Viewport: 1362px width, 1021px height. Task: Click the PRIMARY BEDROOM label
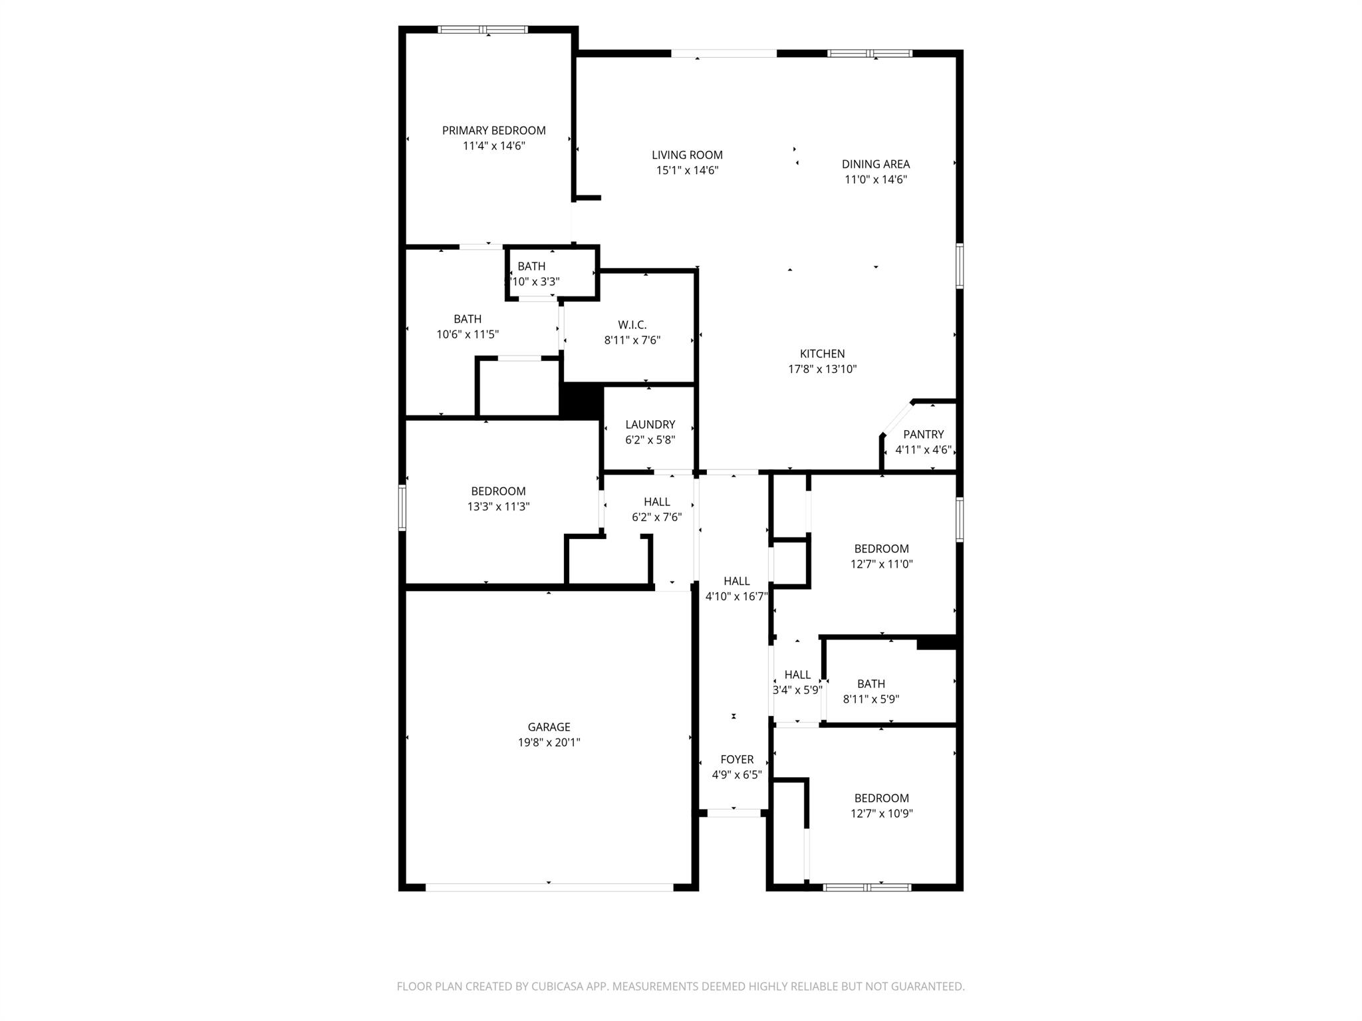pos(493,130)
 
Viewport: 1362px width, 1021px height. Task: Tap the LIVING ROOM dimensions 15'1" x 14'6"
pos(687,170)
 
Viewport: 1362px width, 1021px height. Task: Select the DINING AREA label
pos(875,164)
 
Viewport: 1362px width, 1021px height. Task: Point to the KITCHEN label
pos(822,354)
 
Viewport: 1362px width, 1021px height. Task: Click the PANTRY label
pos(923,434)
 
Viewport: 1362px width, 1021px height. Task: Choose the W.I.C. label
pos(632,324)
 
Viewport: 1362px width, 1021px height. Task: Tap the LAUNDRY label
pos(650,424)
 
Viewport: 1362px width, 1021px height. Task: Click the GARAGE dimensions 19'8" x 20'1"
pos(549,742)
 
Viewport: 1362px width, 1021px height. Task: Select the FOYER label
pos(737,759)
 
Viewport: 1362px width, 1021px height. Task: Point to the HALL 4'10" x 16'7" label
pos(737,581)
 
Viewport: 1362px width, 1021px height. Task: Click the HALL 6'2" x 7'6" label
pos(656,502)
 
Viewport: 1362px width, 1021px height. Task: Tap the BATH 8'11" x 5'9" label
pos(871,683)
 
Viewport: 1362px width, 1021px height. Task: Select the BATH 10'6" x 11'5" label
pos(468,319)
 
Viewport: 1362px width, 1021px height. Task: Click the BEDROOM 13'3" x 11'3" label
pos(498,491)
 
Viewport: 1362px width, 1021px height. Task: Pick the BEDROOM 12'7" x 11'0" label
pos(881,548)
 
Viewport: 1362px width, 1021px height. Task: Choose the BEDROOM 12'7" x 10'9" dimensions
pos(881,814)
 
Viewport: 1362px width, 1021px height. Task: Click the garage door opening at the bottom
pos(549,887)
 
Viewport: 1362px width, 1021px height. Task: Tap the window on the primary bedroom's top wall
pos(483,29)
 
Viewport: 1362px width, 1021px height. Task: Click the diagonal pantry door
pos(896,418)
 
